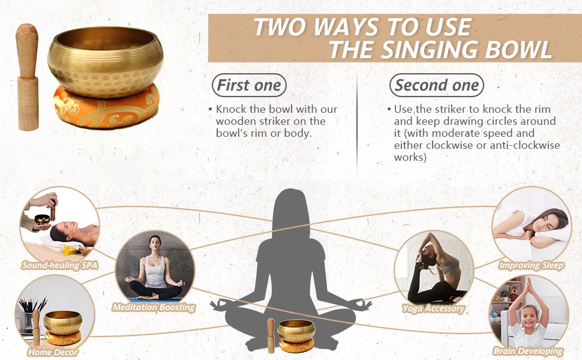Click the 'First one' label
249,85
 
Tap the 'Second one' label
437,85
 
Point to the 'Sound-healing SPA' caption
60,265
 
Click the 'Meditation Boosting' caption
154,307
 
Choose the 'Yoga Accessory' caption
433,308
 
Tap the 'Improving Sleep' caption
531,265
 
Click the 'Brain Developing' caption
528,351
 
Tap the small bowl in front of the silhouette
296,329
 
